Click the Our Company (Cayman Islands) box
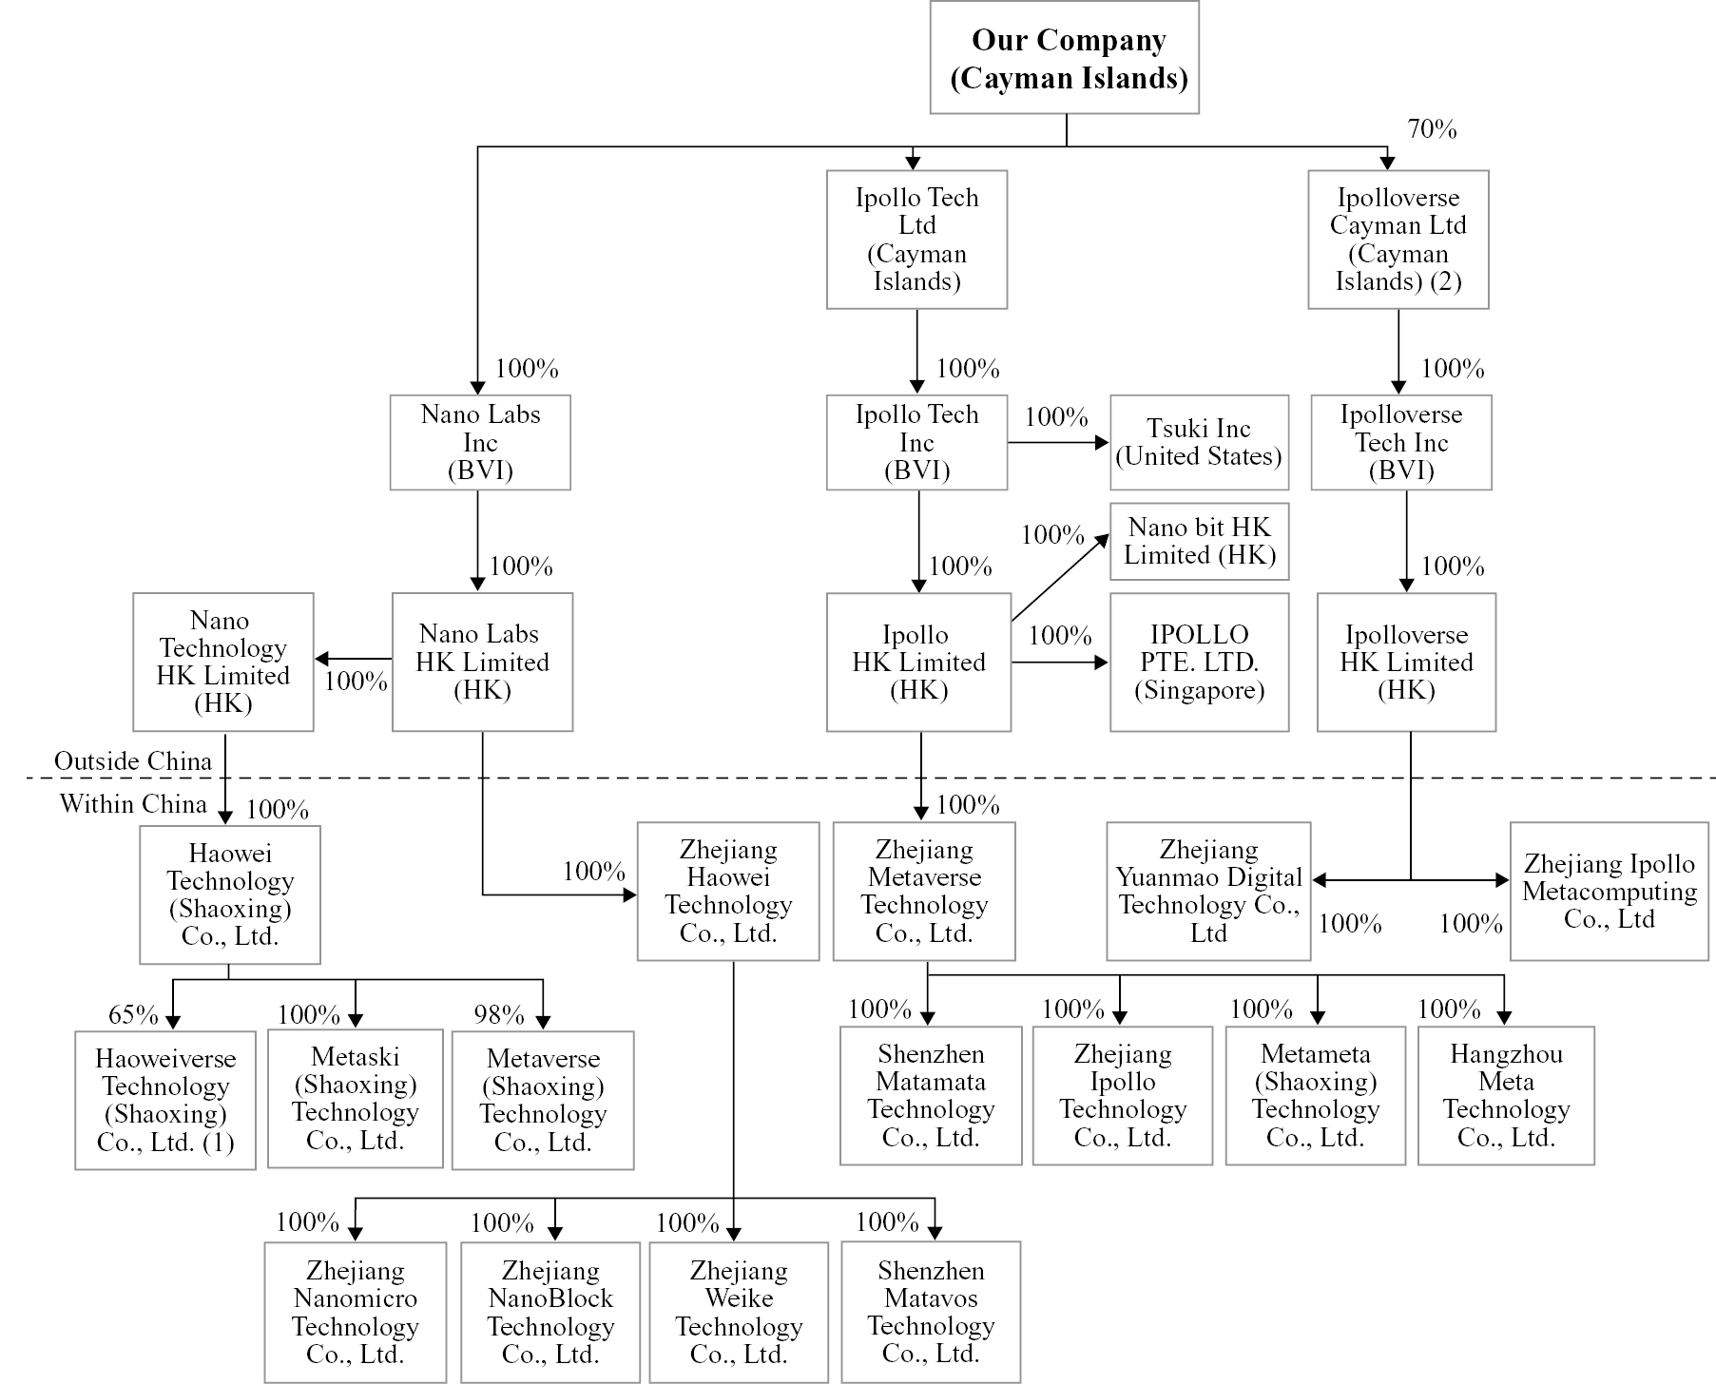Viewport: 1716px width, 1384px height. click(x=1065, y=58)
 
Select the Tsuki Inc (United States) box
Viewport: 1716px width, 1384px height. click(x=1199, y=443)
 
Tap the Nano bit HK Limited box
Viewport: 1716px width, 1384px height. click(x=1199, y=542)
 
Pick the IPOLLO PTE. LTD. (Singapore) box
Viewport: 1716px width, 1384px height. click(x=1199, y=663)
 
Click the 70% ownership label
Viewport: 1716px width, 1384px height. click(x=1432, y=129)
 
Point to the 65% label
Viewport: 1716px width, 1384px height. click(x=133, y=1015)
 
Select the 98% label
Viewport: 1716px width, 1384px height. click(x=499, y=1015)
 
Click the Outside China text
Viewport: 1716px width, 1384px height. click(x=133, y=761)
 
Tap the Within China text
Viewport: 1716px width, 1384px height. click(x=133, y=804)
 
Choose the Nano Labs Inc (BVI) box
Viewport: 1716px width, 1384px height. click(x=480, y=443)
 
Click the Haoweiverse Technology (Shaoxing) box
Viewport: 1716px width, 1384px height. click(x=165, y=1100)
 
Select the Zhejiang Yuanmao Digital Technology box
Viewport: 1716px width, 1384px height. click(x=1208, y=892)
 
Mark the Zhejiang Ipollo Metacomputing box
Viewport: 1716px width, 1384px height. click(x=1609, y=892)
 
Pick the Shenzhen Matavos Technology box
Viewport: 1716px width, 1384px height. click(x=931, y=1312)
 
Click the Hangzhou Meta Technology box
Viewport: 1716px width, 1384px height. click(x=1506, y=1096)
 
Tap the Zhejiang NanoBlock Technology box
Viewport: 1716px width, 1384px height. click(x=550, y=1312)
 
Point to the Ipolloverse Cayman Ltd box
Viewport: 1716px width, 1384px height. click(x=1398, y=240)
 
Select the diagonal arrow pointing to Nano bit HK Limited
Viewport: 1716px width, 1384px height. click(x=1060, y=578)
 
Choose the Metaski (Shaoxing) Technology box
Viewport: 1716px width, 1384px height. click(x=356, y=1099)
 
